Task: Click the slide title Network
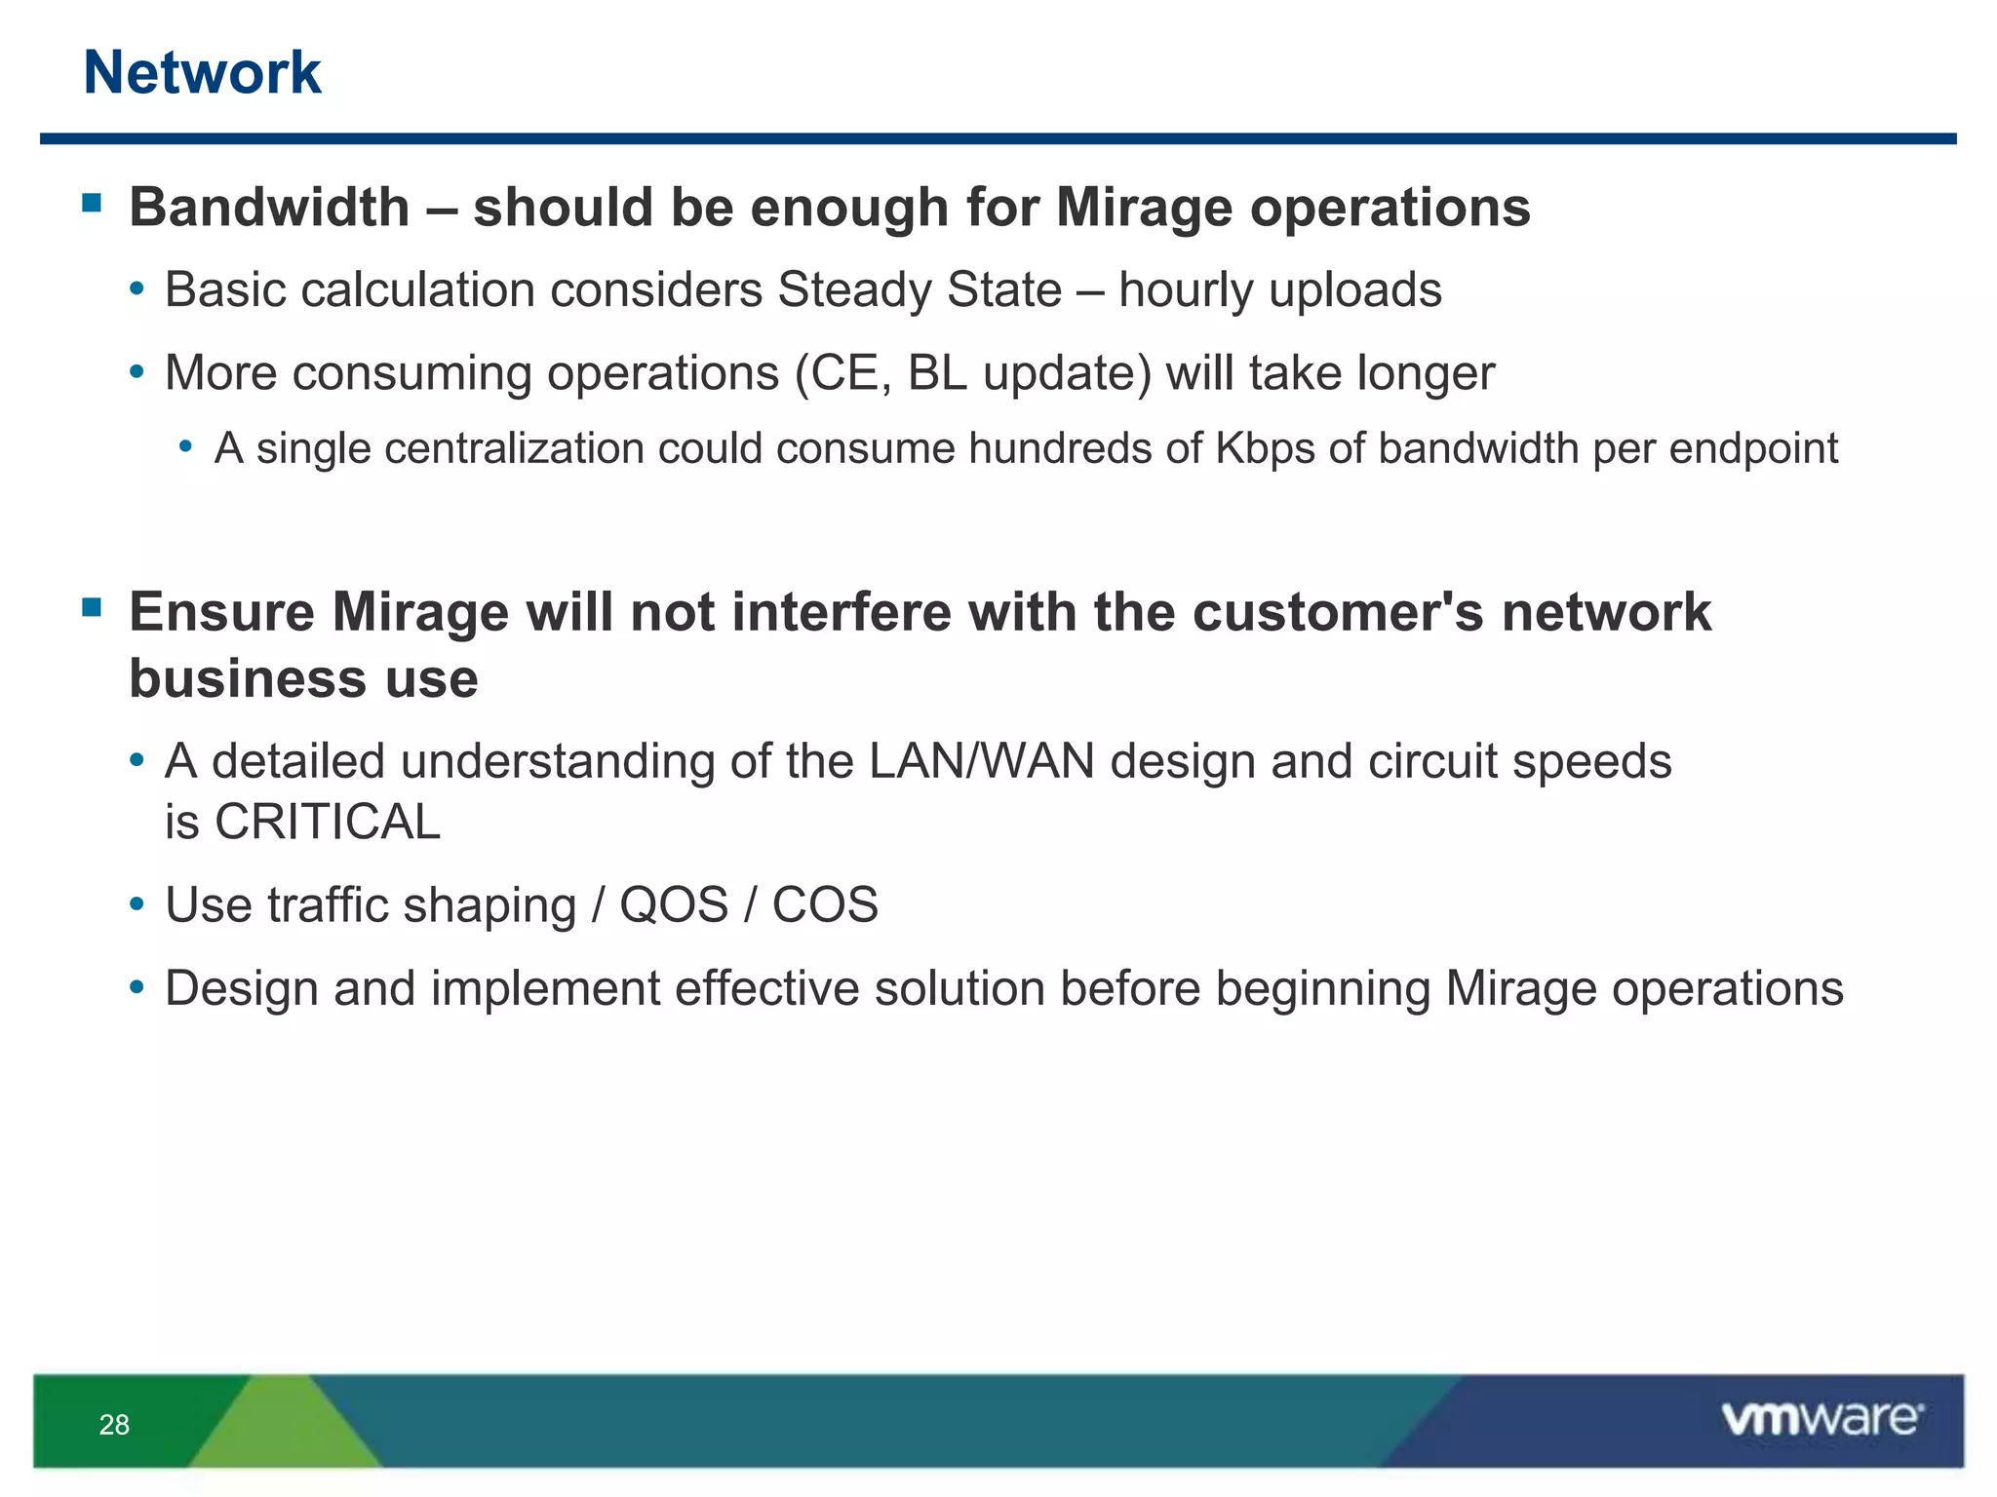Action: point(202,73)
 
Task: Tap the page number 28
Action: point(114,1425)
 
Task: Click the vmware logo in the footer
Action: point(1821,1419)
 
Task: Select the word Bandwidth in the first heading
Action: point(269,208)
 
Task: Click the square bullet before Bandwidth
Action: point(93,203)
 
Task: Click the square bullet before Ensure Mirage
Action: point(93,608)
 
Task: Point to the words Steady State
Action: point(919,290)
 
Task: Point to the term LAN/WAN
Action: point(982,761)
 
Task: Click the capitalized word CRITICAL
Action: point(328,823)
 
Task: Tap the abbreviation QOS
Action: point(674,905)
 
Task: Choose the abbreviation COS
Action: point(825,905)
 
